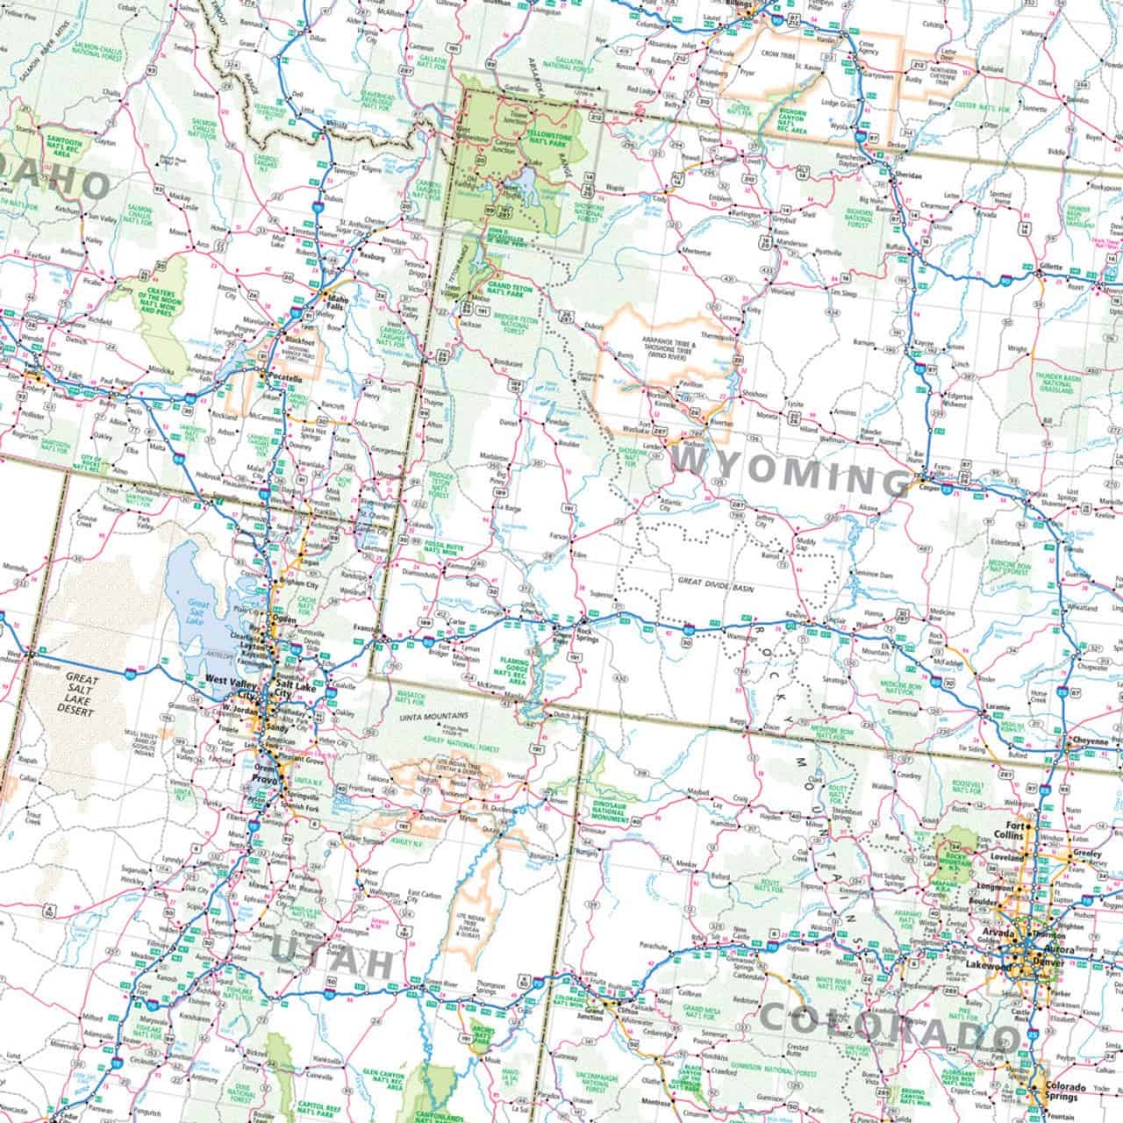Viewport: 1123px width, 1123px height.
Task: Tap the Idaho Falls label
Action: tap(336, 301)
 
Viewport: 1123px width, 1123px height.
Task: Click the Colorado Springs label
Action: tap(1066, 1092)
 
